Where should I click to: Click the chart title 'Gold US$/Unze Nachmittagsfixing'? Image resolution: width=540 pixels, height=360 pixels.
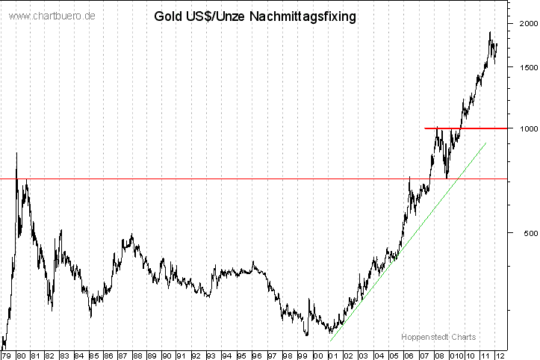[x=254, y=15]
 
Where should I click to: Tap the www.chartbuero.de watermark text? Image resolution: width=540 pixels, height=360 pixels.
[x=52, y=16]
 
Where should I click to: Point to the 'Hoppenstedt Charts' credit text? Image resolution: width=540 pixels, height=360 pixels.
[x=438, y=337]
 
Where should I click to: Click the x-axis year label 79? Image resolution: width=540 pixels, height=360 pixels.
[x=6, y=356]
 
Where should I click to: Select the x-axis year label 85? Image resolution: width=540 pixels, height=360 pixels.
[x=94, y=356]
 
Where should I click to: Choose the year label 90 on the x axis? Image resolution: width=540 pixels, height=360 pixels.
[x=167, y=356]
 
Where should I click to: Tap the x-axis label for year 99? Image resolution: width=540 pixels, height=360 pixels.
[x=300, y=356]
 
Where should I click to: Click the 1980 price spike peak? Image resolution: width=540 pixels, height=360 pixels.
[x=16, y=153]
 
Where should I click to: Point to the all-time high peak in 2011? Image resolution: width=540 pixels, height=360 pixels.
[x=490, y=33]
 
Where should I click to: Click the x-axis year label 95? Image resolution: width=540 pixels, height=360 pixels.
[x=241, y=356]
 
